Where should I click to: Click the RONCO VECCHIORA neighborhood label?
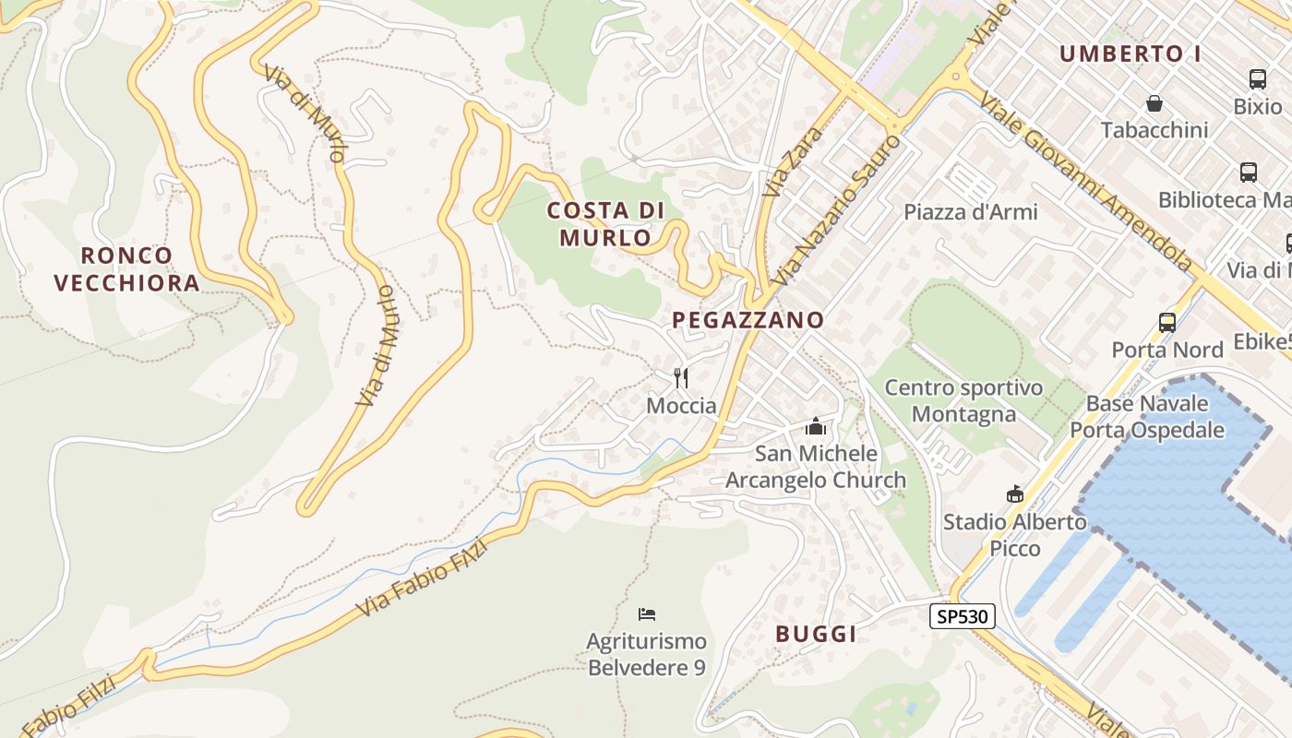126,268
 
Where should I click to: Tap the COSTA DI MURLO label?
605,224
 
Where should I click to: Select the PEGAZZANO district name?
748,320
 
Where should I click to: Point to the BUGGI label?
816,634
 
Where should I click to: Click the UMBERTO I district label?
1130,54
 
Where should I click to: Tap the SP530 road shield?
962,616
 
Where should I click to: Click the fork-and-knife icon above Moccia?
681,377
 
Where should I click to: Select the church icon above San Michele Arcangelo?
815,426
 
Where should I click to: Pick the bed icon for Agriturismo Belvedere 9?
647,613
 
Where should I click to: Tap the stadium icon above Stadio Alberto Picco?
1015,494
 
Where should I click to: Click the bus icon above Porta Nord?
1167,323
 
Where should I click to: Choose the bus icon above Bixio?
1257,79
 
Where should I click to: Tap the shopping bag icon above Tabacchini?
1154,102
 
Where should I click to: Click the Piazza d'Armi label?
971,212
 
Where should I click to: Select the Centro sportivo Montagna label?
963,401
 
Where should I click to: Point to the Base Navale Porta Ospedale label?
1147,417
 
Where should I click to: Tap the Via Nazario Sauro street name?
837,210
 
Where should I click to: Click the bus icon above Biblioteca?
1249,173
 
